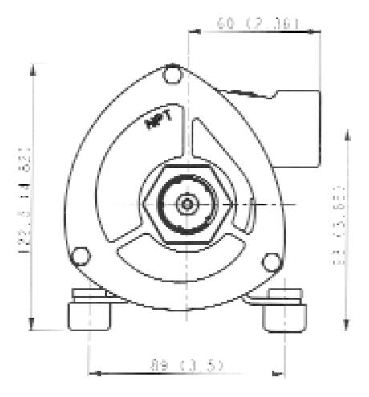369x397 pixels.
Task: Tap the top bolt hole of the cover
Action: pyautogui.click(x=171, y=76)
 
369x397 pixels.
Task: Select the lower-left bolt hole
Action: pyautogui.click(x=79, y=256)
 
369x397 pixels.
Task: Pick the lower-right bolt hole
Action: pyautogui.click(x=272, y=261)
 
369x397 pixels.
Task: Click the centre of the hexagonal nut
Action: pyautogui.click(x=187, y=205)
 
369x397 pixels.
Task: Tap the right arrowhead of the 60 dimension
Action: pyautogui.click(x=317, y=33)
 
